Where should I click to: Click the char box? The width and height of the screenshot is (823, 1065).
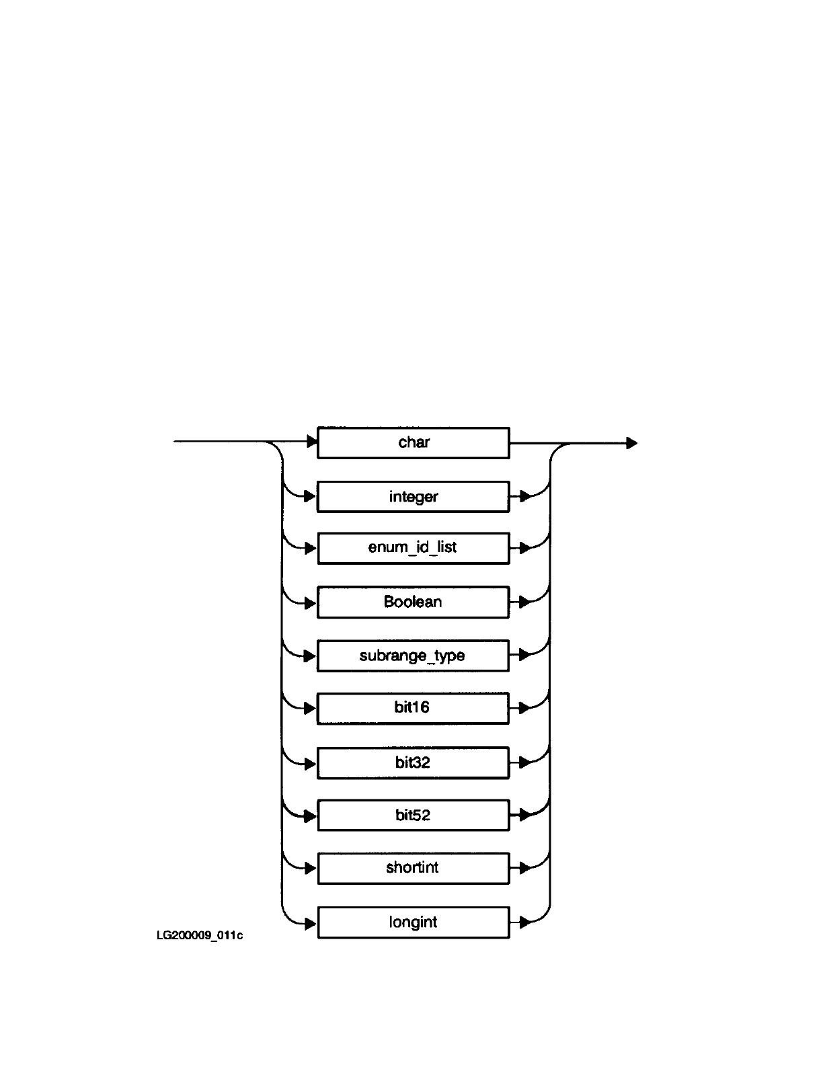[414, 442]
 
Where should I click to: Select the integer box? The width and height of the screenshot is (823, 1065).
[414, 496]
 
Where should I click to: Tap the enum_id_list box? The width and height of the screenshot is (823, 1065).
[414, 548]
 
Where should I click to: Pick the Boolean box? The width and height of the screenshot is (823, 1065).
[414, 602]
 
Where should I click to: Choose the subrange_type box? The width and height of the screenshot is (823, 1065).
[413, 656]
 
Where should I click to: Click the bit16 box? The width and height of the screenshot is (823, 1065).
[413, 708]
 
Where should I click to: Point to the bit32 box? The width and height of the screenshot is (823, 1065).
[414, 762]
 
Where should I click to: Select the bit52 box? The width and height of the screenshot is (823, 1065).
[414, 815]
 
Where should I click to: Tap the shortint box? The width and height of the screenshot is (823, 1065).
[414, 869]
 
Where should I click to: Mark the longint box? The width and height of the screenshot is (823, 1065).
[414, 922]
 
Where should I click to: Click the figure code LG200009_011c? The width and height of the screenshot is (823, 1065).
[200, 935]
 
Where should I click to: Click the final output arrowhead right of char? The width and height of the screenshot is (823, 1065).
[632, 443]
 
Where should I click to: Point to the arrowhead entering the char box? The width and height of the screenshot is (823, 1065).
[312, 442]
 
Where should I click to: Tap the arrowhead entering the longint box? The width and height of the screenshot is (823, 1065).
[310, 923]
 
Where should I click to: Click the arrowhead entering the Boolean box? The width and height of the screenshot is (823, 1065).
[310, 603]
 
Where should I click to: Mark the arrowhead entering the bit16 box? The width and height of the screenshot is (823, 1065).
[310, 708]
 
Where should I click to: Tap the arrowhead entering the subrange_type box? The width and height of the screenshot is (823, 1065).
[310, 656]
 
